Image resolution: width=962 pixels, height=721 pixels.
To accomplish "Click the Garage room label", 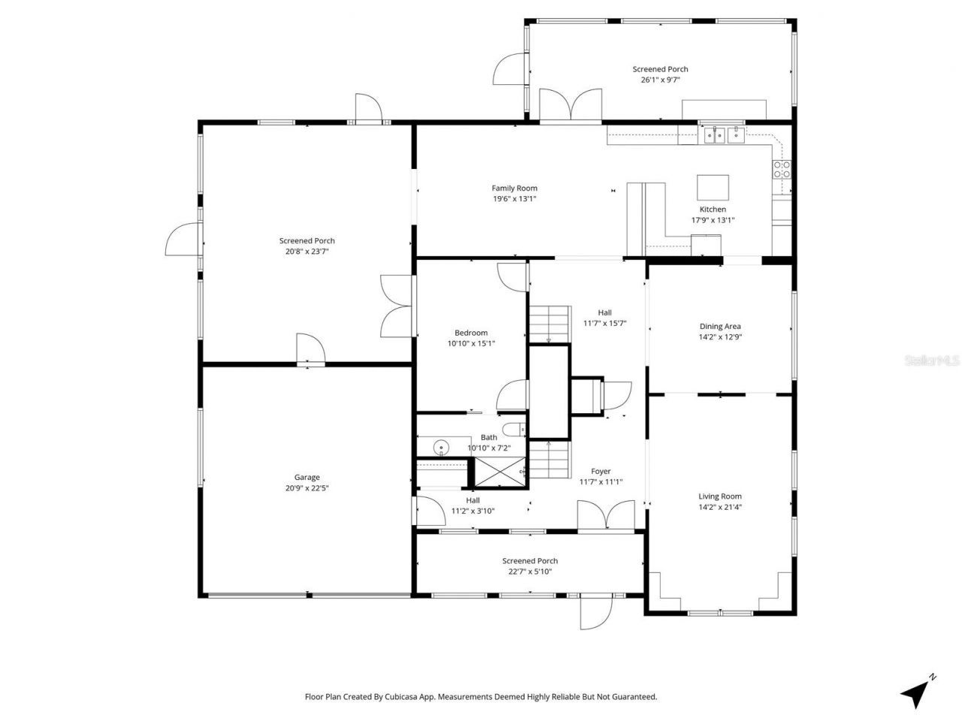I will point(307,477).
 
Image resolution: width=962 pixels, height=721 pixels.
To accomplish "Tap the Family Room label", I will point(514,189).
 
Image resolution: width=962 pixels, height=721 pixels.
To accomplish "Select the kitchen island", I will point(712,186).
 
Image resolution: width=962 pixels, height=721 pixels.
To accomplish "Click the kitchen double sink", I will point(722,135).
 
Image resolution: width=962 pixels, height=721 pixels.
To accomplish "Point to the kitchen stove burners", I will point(782,169).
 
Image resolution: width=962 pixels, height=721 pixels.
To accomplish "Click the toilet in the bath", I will point(515,430).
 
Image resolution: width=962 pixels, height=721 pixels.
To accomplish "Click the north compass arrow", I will point(916,692).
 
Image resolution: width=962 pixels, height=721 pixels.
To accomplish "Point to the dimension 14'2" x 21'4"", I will point(720,507).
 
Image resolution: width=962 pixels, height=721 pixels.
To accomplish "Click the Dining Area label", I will point(720,326).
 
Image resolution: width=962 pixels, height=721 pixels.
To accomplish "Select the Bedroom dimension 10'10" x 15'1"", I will point(471,343).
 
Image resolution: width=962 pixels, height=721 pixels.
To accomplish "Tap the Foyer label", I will point(600,472).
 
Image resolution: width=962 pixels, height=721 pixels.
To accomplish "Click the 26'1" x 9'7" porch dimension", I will point(660,80).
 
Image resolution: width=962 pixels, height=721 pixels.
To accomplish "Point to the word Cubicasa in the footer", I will point(415,697).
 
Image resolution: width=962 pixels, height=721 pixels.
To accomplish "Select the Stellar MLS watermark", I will point(932,361).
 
